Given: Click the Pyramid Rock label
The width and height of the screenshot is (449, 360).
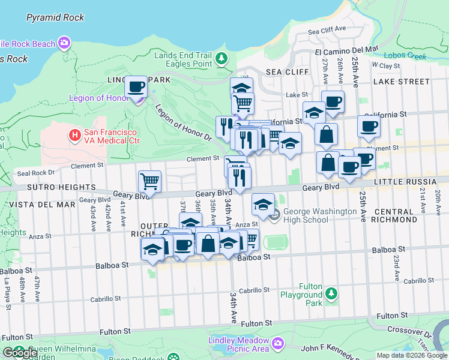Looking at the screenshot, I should [55, 17].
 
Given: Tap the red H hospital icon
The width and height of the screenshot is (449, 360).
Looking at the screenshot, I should [75, 136].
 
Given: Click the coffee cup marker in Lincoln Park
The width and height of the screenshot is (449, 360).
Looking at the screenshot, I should [136, 86].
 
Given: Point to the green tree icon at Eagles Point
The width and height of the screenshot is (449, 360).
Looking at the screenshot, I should [223, 58].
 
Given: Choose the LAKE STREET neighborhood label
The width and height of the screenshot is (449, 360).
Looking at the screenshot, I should [402, 82].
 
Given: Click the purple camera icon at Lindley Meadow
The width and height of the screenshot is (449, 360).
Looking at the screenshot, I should [277, 343].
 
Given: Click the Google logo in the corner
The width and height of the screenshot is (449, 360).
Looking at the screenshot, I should [20, 353].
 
